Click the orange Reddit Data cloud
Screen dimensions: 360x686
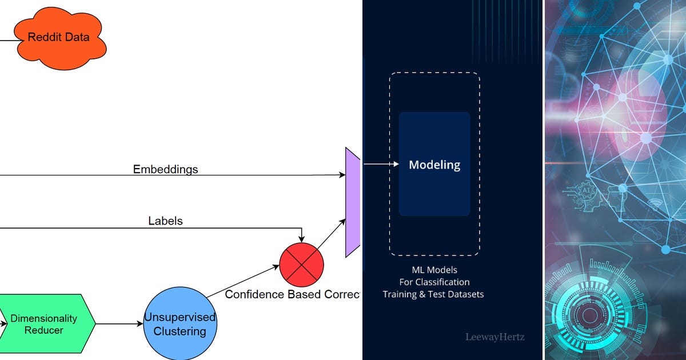(x=59, y=38)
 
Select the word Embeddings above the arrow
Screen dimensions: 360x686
(x=165, y=169)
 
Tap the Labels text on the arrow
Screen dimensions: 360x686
(x=165, y=221)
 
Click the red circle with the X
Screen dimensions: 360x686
(x=301, y=265)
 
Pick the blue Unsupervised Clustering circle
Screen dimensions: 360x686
(x=180, y=324)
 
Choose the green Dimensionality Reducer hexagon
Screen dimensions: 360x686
(x=44, y=324)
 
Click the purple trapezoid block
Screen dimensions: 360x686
(x=353, y=202)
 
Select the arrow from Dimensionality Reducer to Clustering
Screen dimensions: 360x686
(x=119, y=324)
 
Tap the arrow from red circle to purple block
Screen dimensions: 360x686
(x=331, y=234)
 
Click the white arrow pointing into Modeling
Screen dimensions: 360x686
(x=381, y=165)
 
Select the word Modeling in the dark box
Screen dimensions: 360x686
(x=434, y=165)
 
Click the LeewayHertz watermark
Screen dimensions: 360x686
(x=494, y=337)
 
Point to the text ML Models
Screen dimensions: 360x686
(x=434, y=270)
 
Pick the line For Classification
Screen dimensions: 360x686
(x=434, y=282)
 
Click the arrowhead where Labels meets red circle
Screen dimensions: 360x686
(x=301, y=239)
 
